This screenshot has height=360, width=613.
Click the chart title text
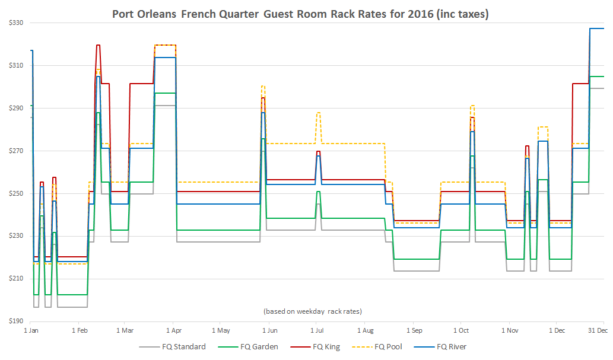(300, 14)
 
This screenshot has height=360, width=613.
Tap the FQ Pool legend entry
(389, 347)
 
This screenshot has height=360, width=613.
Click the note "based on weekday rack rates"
(312, 311)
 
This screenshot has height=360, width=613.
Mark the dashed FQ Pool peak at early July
(319, 113)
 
